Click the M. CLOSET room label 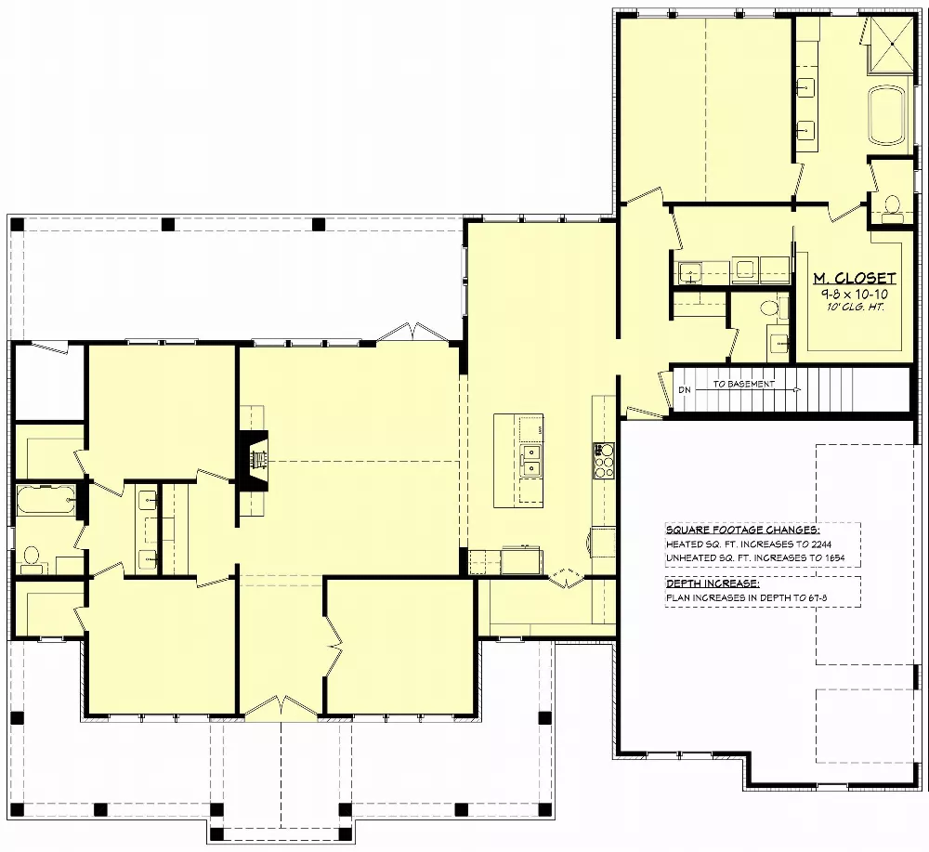point(855,278)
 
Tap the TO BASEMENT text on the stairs point(743,383)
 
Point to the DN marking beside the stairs point(685,389)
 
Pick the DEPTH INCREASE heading point(712,583)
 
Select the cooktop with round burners point(604,461)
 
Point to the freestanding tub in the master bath point(890,116)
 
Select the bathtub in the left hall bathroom point(46,500)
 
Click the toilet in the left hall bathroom point(31,557)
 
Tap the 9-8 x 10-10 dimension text point(855,293)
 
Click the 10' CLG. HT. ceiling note point(855,306)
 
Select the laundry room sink point(688,272)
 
